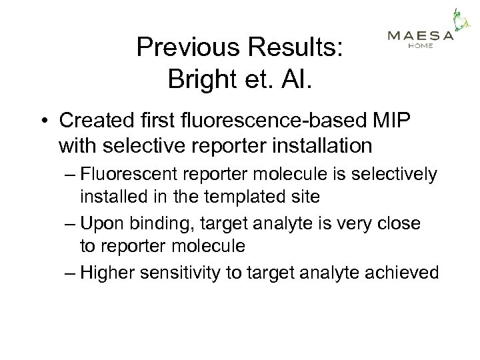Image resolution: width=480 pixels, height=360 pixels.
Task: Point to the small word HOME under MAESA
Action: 420,46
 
